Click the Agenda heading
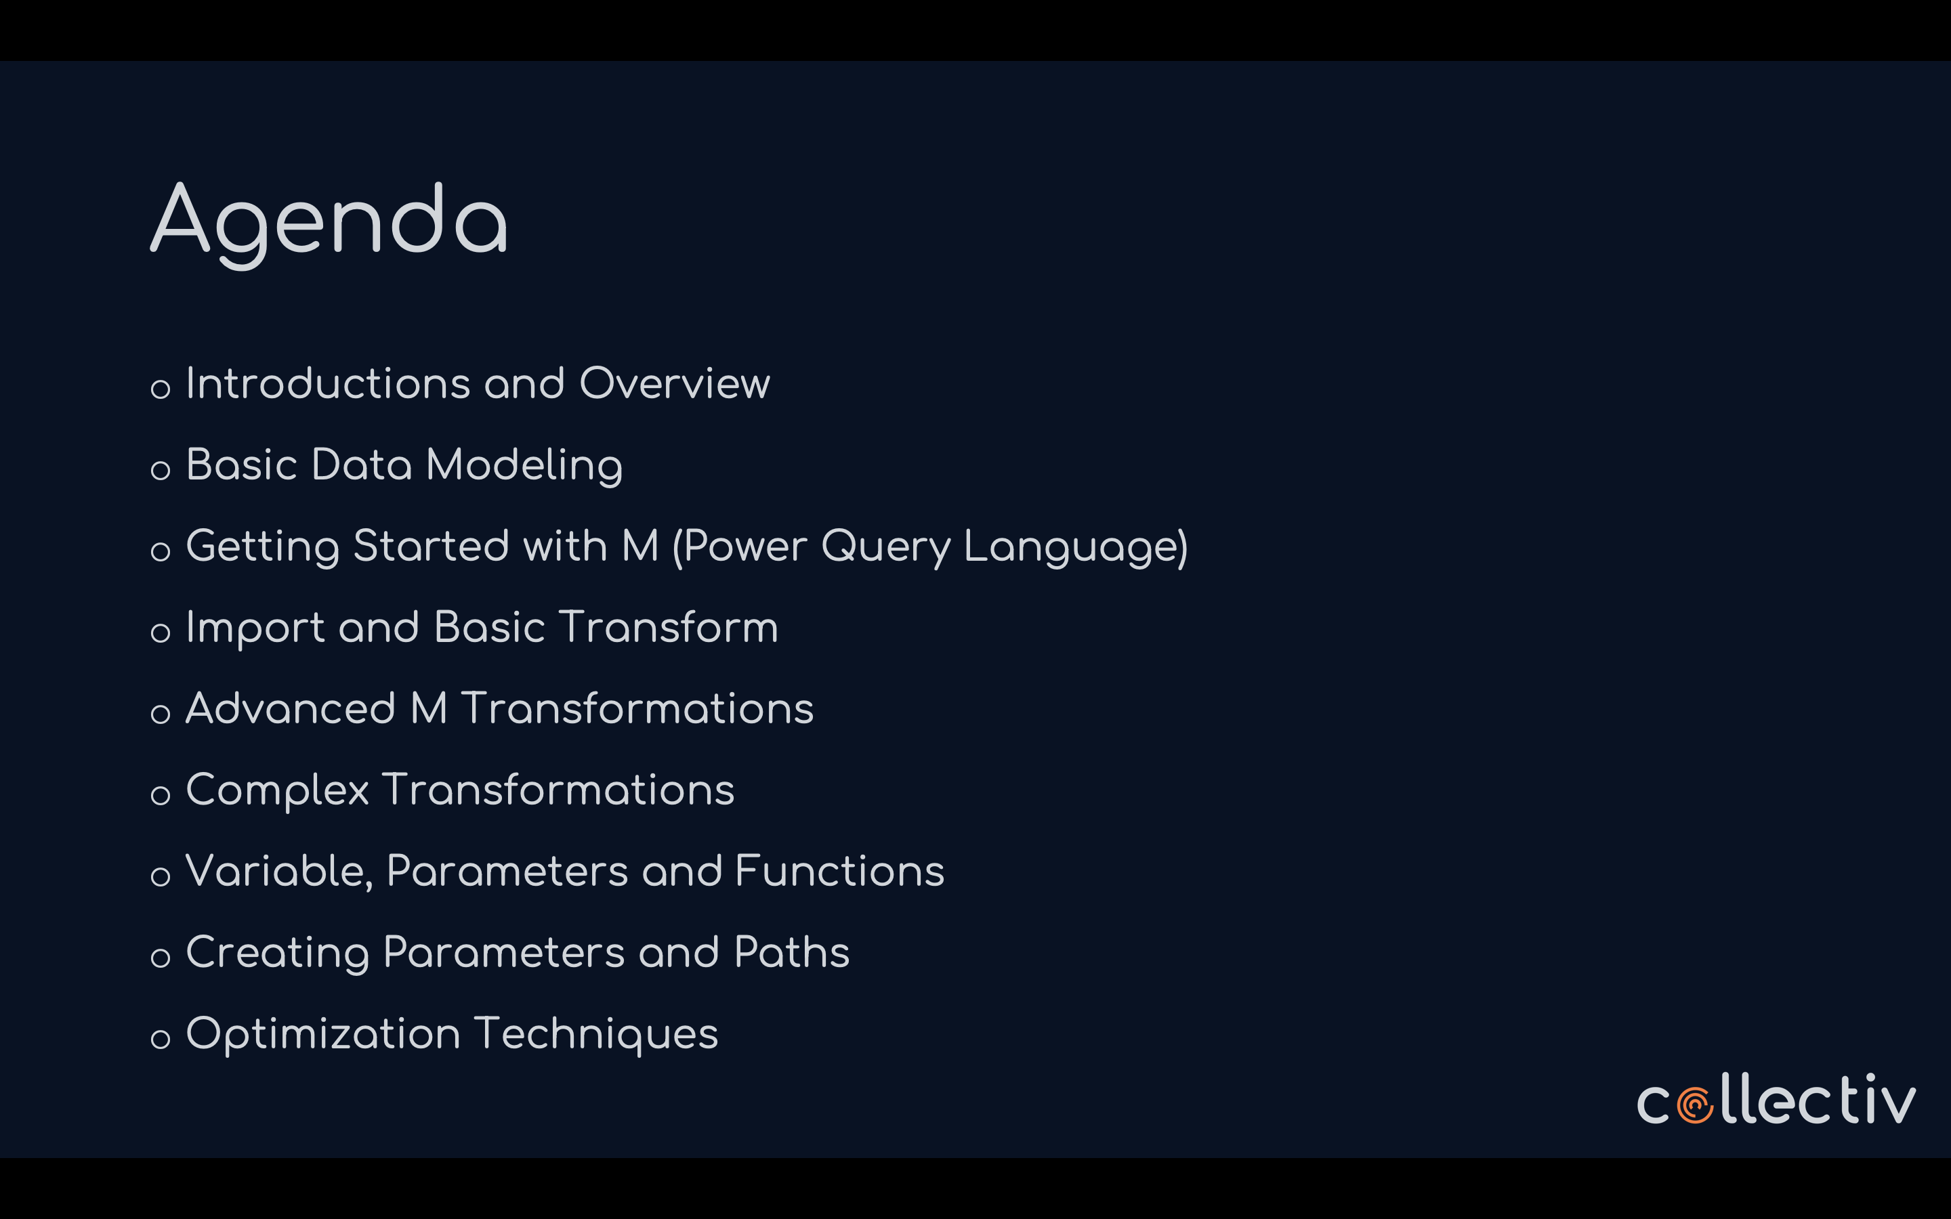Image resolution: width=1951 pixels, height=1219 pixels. (329, 221)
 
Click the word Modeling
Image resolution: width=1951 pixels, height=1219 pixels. (524, 466)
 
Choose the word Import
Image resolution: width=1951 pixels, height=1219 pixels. (255, 628)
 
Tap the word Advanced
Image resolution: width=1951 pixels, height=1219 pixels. (290, 708)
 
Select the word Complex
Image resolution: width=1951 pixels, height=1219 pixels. (277, 790)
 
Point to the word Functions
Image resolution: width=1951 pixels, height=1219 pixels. (839, 871)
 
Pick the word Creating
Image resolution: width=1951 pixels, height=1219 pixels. (277, 953)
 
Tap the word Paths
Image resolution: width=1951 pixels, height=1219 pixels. (792, 952)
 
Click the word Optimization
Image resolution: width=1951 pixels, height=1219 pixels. (323, 1034)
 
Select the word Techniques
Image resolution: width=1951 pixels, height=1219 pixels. (595, 1034)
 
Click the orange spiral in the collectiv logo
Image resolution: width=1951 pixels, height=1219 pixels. (1696, 1106)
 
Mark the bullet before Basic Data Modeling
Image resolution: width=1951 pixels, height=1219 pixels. (161, 470)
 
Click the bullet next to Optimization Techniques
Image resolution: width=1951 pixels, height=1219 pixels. (161, 1038)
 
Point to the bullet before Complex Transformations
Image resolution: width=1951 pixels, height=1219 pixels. (161, 795)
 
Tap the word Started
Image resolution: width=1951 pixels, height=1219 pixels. (432, 546)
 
